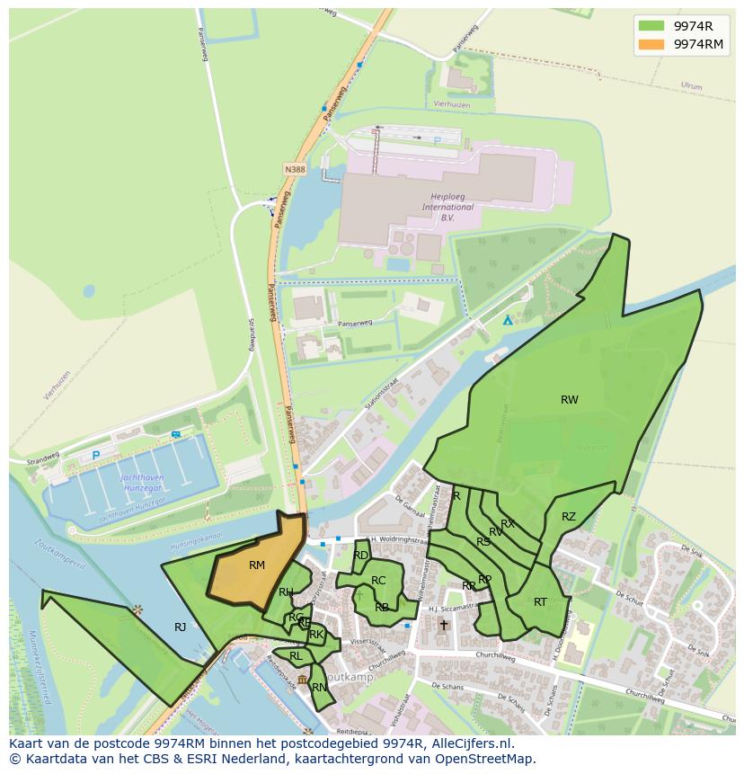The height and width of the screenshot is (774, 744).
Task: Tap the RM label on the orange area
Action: pos(257,565)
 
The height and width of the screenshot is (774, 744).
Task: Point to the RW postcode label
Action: pos(570,400)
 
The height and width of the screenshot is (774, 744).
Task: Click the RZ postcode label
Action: pos(569,517)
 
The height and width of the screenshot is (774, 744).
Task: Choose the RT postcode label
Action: pos(540,602)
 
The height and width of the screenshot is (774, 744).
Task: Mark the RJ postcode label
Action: pos(180,627)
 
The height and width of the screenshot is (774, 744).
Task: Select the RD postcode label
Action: pos(360,556)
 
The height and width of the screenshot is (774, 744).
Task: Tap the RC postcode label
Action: pos(378,581)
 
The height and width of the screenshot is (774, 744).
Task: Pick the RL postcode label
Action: pos(296,656)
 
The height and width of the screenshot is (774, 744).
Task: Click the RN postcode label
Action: pos(319,688)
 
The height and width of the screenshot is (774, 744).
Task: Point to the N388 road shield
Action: pos(295,169)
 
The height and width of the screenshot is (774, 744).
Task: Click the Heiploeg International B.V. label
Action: pos(448,207)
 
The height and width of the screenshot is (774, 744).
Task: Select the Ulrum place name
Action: pos(691,86)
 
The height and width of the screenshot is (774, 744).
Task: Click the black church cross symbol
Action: pos(443,625)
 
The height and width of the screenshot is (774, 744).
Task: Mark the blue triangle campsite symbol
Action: pos(508,320)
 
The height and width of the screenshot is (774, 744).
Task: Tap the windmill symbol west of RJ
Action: pos(137,610)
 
